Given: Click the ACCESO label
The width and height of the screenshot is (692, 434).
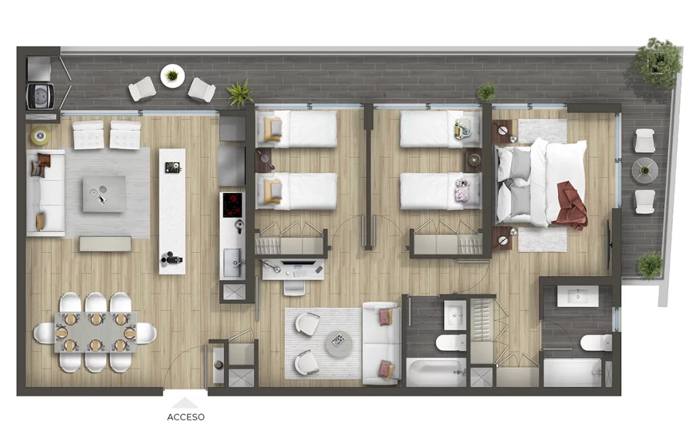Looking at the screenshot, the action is tap(186, 417).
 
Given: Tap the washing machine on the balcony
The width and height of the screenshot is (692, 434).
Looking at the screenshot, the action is tap(40, 96).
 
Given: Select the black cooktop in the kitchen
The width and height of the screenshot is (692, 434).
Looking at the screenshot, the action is tap(232, 205).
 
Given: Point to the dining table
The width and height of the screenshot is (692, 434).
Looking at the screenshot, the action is tap(96, 333).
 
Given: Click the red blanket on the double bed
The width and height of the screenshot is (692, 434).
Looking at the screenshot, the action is tap(572, 205).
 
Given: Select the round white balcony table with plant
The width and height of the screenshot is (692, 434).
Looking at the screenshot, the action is tap(172, 76).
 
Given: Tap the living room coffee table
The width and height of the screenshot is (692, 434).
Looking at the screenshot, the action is tap(104, 194).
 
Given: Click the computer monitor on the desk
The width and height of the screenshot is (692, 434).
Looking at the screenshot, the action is tap(298, 263).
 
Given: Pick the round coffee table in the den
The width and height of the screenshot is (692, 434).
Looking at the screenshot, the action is tap(339, 344).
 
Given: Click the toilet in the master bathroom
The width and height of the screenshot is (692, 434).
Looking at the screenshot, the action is tap(596, 343).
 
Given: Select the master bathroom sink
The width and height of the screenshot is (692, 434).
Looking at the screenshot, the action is tap(578, 296).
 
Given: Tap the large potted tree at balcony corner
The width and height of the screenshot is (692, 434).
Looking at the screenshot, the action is tap(658, 62).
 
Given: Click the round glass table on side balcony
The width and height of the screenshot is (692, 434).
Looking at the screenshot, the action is tap(644, 171).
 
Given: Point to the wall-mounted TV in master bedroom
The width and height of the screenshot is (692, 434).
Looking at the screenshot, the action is tap(610, 244).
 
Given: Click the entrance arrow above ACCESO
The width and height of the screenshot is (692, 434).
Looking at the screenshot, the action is tap(185, 403).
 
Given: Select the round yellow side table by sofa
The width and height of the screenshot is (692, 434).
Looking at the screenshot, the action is tap(40, 136).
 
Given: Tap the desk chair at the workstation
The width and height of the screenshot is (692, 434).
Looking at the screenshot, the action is tap(294, 288).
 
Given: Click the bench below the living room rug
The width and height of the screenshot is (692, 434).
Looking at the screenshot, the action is tap(105, 244).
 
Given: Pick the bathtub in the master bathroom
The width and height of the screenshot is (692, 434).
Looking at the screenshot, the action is tap(572, 373).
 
